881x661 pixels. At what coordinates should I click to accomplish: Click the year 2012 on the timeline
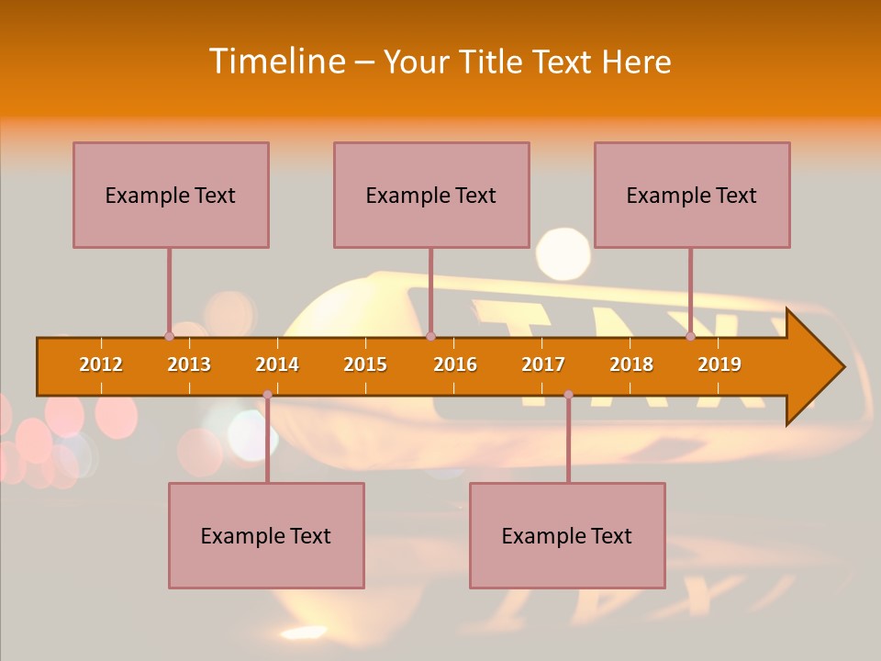pyautogui.click(x=101, y=364)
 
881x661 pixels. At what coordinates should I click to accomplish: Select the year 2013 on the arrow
pyautogui.click(x=189, y=364)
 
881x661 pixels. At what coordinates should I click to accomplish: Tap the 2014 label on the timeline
pyautogui.click(x=277, y=364)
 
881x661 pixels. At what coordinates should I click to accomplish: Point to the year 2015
pyautogui.click(x=365, y=364)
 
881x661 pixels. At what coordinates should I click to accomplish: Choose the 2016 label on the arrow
pyautogui.click(x=455, y=364)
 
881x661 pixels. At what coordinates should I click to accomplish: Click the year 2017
pyautogui.click(x=543, y=364)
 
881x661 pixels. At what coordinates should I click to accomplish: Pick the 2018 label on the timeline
pyautogui.click(x=631, y=364)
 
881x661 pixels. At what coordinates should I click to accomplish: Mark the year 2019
pyautogui.click(x=719, y=364)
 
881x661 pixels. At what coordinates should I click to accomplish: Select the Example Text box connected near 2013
pyautogui.click(x=171, y=195)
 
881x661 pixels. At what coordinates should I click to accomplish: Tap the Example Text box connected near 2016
pyautogui.click(x=431, y=195)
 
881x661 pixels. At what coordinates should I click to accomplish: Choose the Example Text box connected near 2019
pyautogui.click(x=692, y=195)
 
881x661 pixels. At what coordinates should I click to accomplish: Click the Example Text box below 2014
pyautogui.click(x=266, y=535)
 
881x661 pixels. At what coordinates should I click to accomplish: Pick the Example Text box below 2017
pyautogui.click(x=567, y=535)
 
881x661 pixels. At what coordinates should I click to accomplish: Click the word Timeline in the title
pyautogui.click(x=274, y=62)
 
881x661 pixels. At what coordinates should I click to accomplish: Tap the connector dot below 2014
pyautogui.click(x=267, y=395)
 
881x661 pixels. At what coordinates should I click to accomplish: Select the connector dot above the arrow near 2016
pyautogui.click(x=430, y=336)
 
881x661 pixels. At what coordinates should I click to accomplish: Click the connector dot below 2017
pyautogui.click(x=568, y=395)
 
